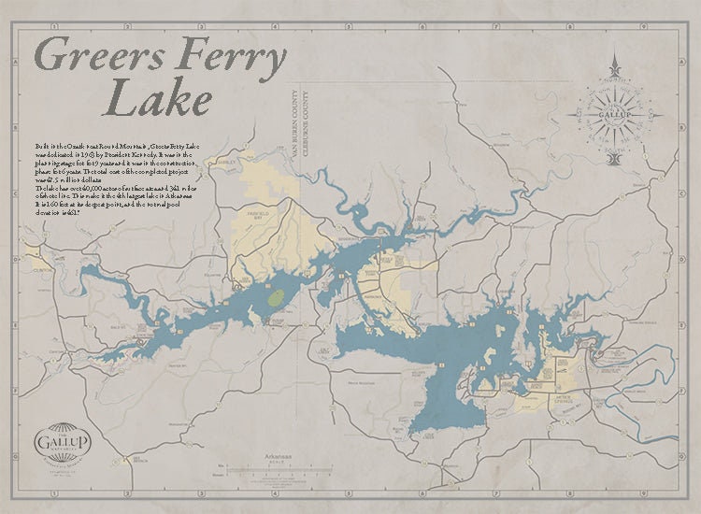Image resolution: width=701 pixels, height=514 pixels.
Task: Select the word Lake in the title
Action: pos(158,97)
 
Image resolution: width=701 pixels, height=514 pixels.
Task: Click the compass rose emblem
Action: pos(614,114)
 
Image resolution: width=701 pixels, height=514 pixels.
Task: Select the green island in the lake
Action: pos(276,299)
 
